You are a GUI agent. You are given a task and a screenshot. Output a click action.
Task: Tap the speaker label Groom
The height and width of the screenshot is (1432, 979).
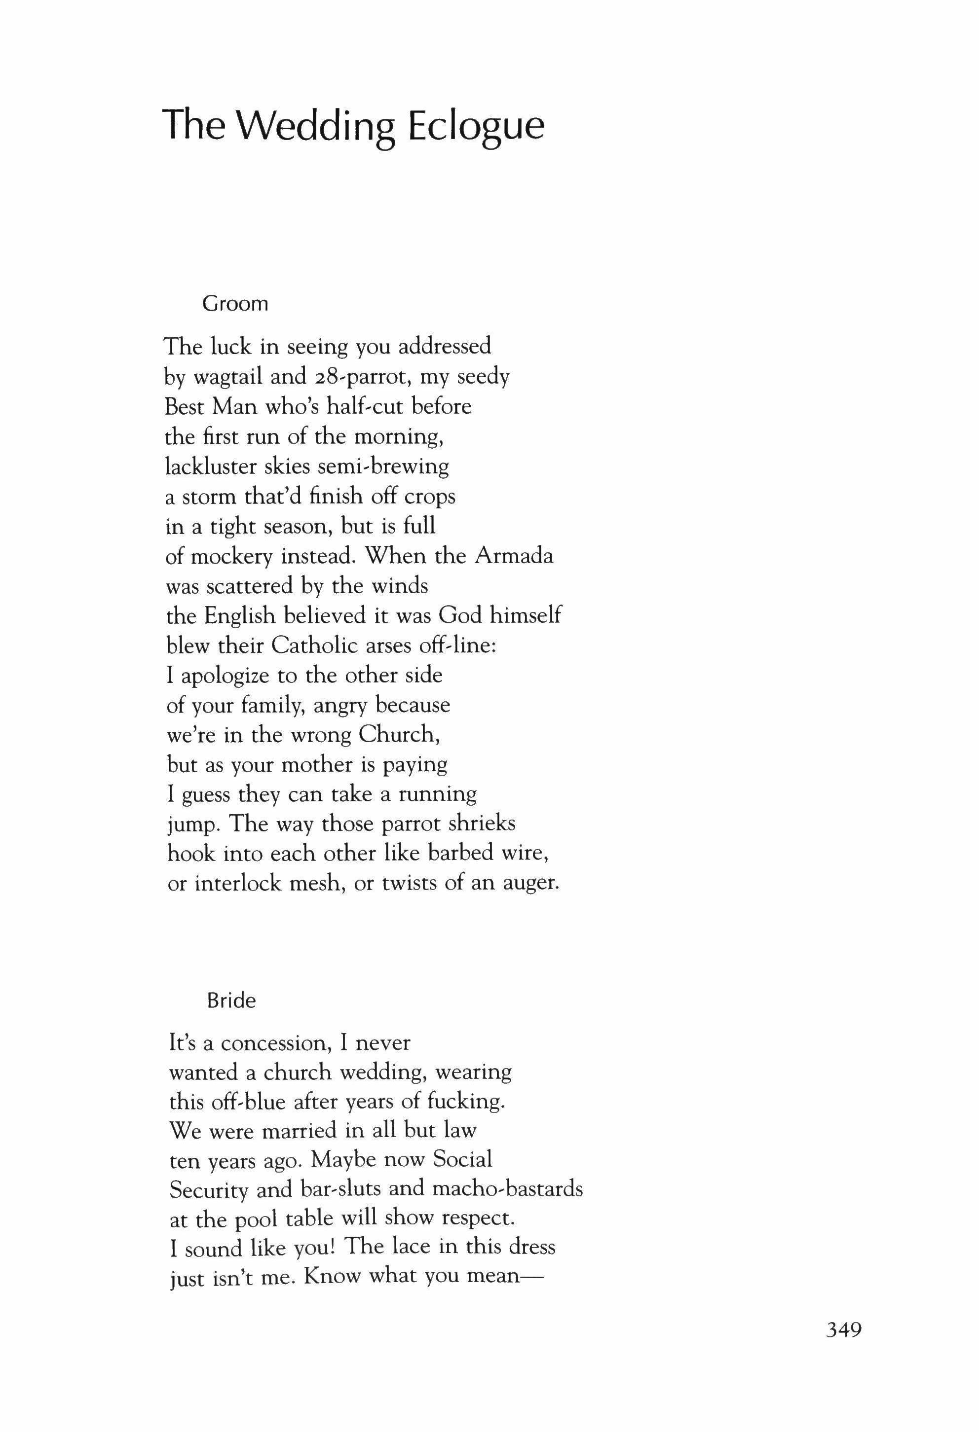coord(235,304)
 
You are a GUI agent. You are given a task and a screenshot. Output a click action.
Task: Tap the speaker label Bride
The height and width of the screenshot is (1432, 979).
coord(231,1000)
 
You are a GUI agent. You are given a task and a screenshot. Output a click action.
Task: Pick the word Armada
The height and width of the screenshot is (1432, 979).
coord(514,556)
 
